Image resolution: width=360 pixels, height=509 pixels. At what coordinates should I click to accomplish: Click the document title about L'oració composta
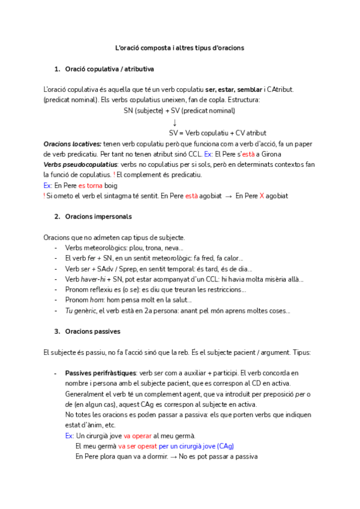(179, 47)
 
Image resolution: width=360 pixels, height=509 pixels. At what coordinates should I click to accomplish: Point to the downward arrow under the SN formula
(175, 122)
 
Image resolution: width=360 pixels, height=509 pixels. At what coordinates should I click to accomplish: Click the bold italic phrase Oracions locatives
(73, 144)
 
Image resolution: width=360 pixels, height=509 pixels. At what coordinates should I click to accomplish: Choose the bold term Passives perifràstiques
(100, 373)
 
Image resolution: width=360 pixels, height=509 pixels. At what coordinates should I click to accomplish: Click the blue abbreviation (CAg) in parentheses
(226, 446)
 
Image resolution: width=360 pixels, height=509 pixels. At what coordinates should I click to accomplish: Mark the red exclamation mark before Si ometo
(44, 196)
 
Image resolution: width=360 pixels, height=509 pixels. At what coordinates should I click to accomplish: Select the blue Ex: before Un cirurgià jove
(70, 436)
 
